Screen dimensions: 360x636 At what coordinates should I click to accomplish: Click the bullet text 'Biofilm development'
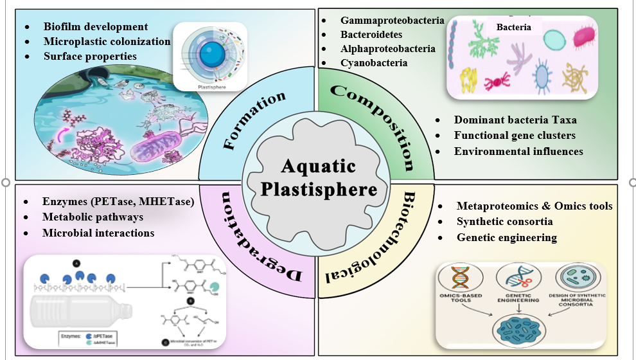96,27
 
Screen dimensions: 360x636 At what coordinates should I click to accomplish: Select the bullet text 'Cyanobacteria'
374,63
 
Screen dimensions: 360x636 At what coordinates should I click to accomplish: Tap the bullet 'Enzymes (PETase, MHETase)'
118,202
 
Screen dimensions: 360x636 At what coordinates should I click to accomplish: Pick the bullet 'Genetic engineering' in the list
507,237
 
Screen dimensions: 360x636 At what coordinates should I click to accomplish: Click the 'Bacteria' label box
513,28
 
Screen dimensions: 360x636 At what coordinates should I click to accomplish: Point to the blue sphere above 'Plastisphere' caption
209,58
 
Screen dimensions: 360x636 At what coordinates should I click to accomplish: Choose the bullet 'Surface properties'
90,57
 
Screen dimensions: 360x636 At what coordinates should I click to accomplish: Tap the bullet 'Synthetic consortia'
505,222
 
